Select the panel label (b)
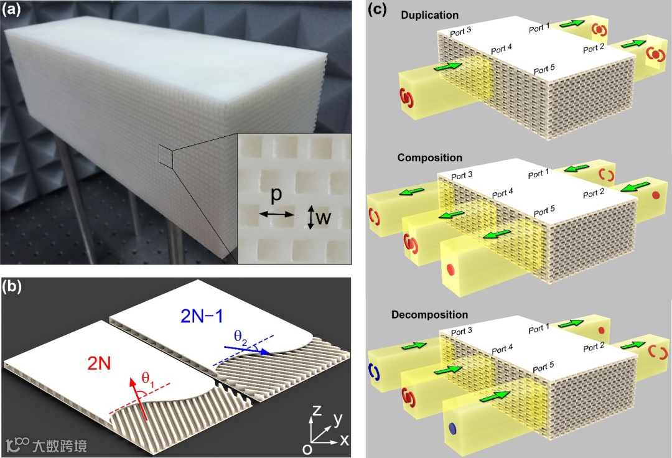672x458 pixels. coord(13,287)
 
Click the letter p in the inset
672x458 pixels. coord(276,195)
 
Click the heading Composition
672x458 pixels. coord(429,158)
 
